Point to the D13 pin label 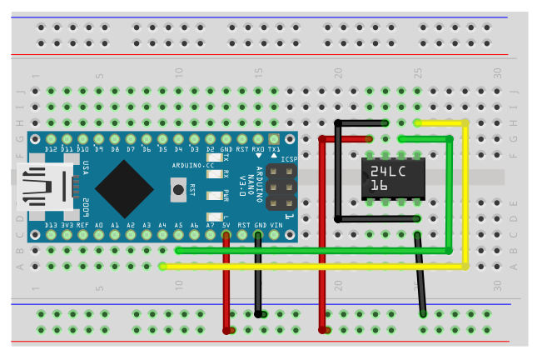[x=52, y=225]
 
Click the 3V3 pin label [x=67, y=225]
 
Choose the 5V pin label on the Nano [x=226, y=225]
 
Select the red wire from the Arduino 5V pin [x=226, y=283]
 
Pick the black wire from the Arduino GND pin [x=259, y=275]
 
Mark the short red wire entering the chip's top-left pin [x=346, y=138]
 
